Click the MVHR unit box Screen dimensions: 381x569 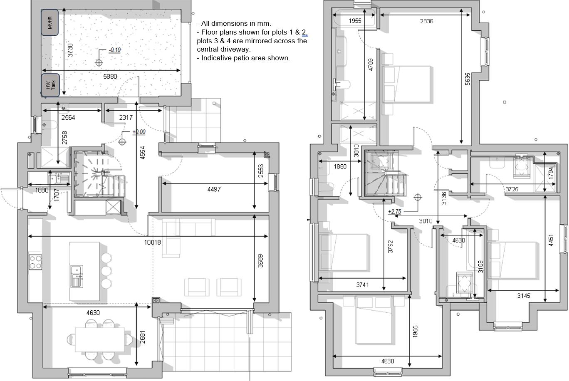pyautogui.click(x=49, y=22)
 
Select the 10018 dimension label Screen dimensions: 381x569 pyautogui.click(x=153, y=242)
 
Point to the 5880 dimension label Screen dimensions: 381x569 pyautogui.click(x=110, y=77)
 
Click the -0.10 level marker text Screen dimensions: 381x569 pyautogui.click(x=115, y=50)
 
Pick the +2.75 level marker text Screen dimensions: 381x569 pyautogui.click(x=394, y=212)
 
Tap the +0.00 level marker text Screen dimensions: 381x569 pyautogui.click(x=139, y=132)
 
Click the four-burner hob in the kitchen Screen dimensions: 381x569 pyautogui.click(x=35, y=262)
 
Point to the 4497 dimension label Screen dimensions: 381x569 pyautogui.click(x=214, y=189)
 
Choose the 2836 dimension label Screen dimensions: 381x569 pyautogui.click(x=426, y=21)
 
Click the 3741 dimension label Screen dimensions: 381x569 pyautogui.click(x=362, y=285)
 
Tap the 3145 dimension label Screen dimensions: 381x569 pyautogui.click(x=524, y=296)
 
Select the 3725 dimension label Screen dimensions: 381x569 pyautogui.click(x=512, y=189)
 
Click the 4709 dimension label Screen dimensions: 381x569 pyautogui.click(x=371, y=64)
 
